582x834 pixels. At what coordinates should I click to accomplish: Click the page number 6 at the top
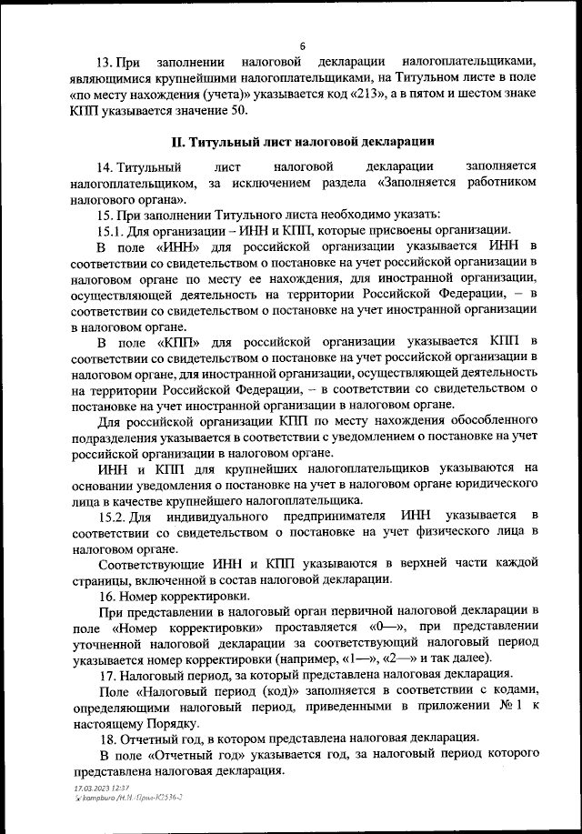click(301, 46)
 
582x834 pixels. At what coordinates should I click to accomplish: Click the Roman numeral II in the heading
click(179, 142)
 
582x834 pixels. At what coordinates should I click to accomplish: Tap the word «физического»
click(446, 531)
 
